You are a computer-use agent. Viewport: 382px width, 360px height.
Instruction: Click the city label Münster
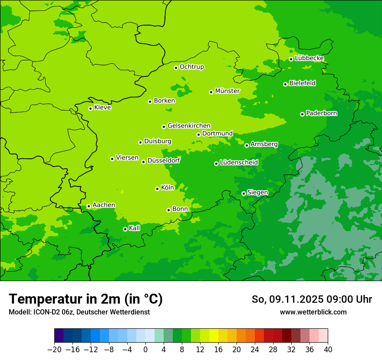click(227, 91)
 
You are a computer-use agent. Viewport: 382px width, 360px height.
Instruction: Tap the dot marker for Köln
click(157, 189)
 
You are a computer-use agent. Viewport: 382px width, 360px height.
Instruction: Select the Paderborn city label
click(322, 113)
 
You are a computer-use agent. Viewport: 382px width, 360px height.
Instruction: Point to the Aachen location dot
click(89, 206)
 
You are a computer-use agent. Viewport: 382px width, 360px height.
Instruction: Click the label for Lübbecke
click(309, 58)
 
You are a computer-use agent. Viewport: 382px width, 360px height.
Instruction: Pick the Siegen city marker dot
click(244, 193)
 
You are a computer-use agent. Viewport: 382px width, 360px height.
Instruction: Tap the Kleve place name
click(102, 108)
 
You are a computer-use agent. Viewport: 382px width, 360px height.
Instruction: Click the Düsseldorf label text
click(164, 160)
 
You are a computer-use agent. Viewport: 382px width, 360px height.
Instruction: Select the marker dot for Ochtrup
click(176, 68)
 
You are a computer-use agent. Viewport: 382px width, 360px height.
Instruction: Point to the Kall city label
click(135, 228)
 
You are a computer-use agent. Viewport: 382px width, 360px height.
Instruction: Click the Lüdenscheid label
click(239, 163)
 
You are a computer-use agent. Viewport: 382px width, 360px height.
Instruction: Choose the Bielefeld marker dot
click(285, 84)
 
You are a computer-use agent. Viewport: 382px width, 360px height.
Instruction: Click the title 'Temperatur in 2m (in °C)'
click(86, 299)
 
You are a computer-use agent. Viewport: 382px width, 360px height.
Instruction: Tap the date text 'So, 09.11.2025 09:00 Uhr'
click(312, 299)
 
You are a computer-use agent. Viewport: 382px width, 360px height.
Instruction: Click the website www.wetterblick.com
click(313, 312)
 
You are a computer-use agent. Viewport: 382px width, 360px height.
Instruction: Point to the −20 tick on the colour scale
click(54, 350)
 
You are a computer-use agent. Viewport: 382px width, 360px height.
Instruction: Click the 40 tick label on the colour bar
click(328, 350)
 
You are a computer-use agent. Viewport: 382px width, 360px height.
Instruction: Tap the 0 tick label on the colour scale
click(145, 350)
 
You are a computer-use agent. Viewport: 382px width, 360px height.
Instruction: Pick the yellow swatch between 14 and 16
click(214, 336)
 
